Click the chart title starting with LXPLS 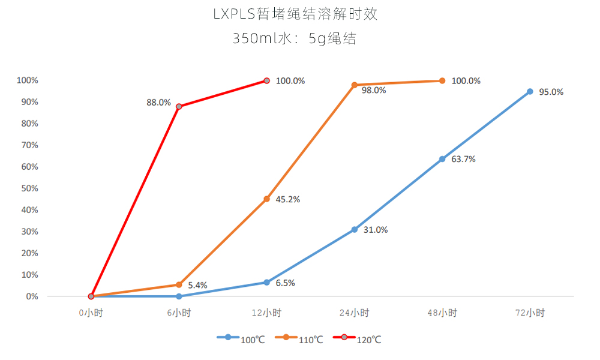point(295,14)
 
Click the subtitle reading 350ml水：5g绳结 point(295,39)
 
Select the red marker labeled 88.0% point(179,106)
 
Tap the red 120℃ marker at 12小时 point(266,80)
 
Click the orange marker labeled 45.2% point(266,199)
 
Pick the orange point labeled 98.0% point(355,85)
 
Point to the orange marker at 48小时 point(442,80)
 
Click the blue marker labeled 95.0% point(530,91)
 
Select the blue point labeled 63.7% point(442,159)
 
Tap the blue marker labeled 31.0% point(355,229)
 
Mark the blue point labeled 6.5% point(266,282)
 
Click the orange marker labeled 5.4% point(179,284)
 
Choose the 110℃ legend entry point(299,339)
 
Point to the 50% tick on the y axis point(28,188)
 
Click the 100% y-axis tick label point(27,80)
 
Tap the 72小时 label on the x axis point(530,313)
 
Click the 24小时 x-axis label point(355,313)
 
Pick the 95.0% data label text point(551,92)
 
